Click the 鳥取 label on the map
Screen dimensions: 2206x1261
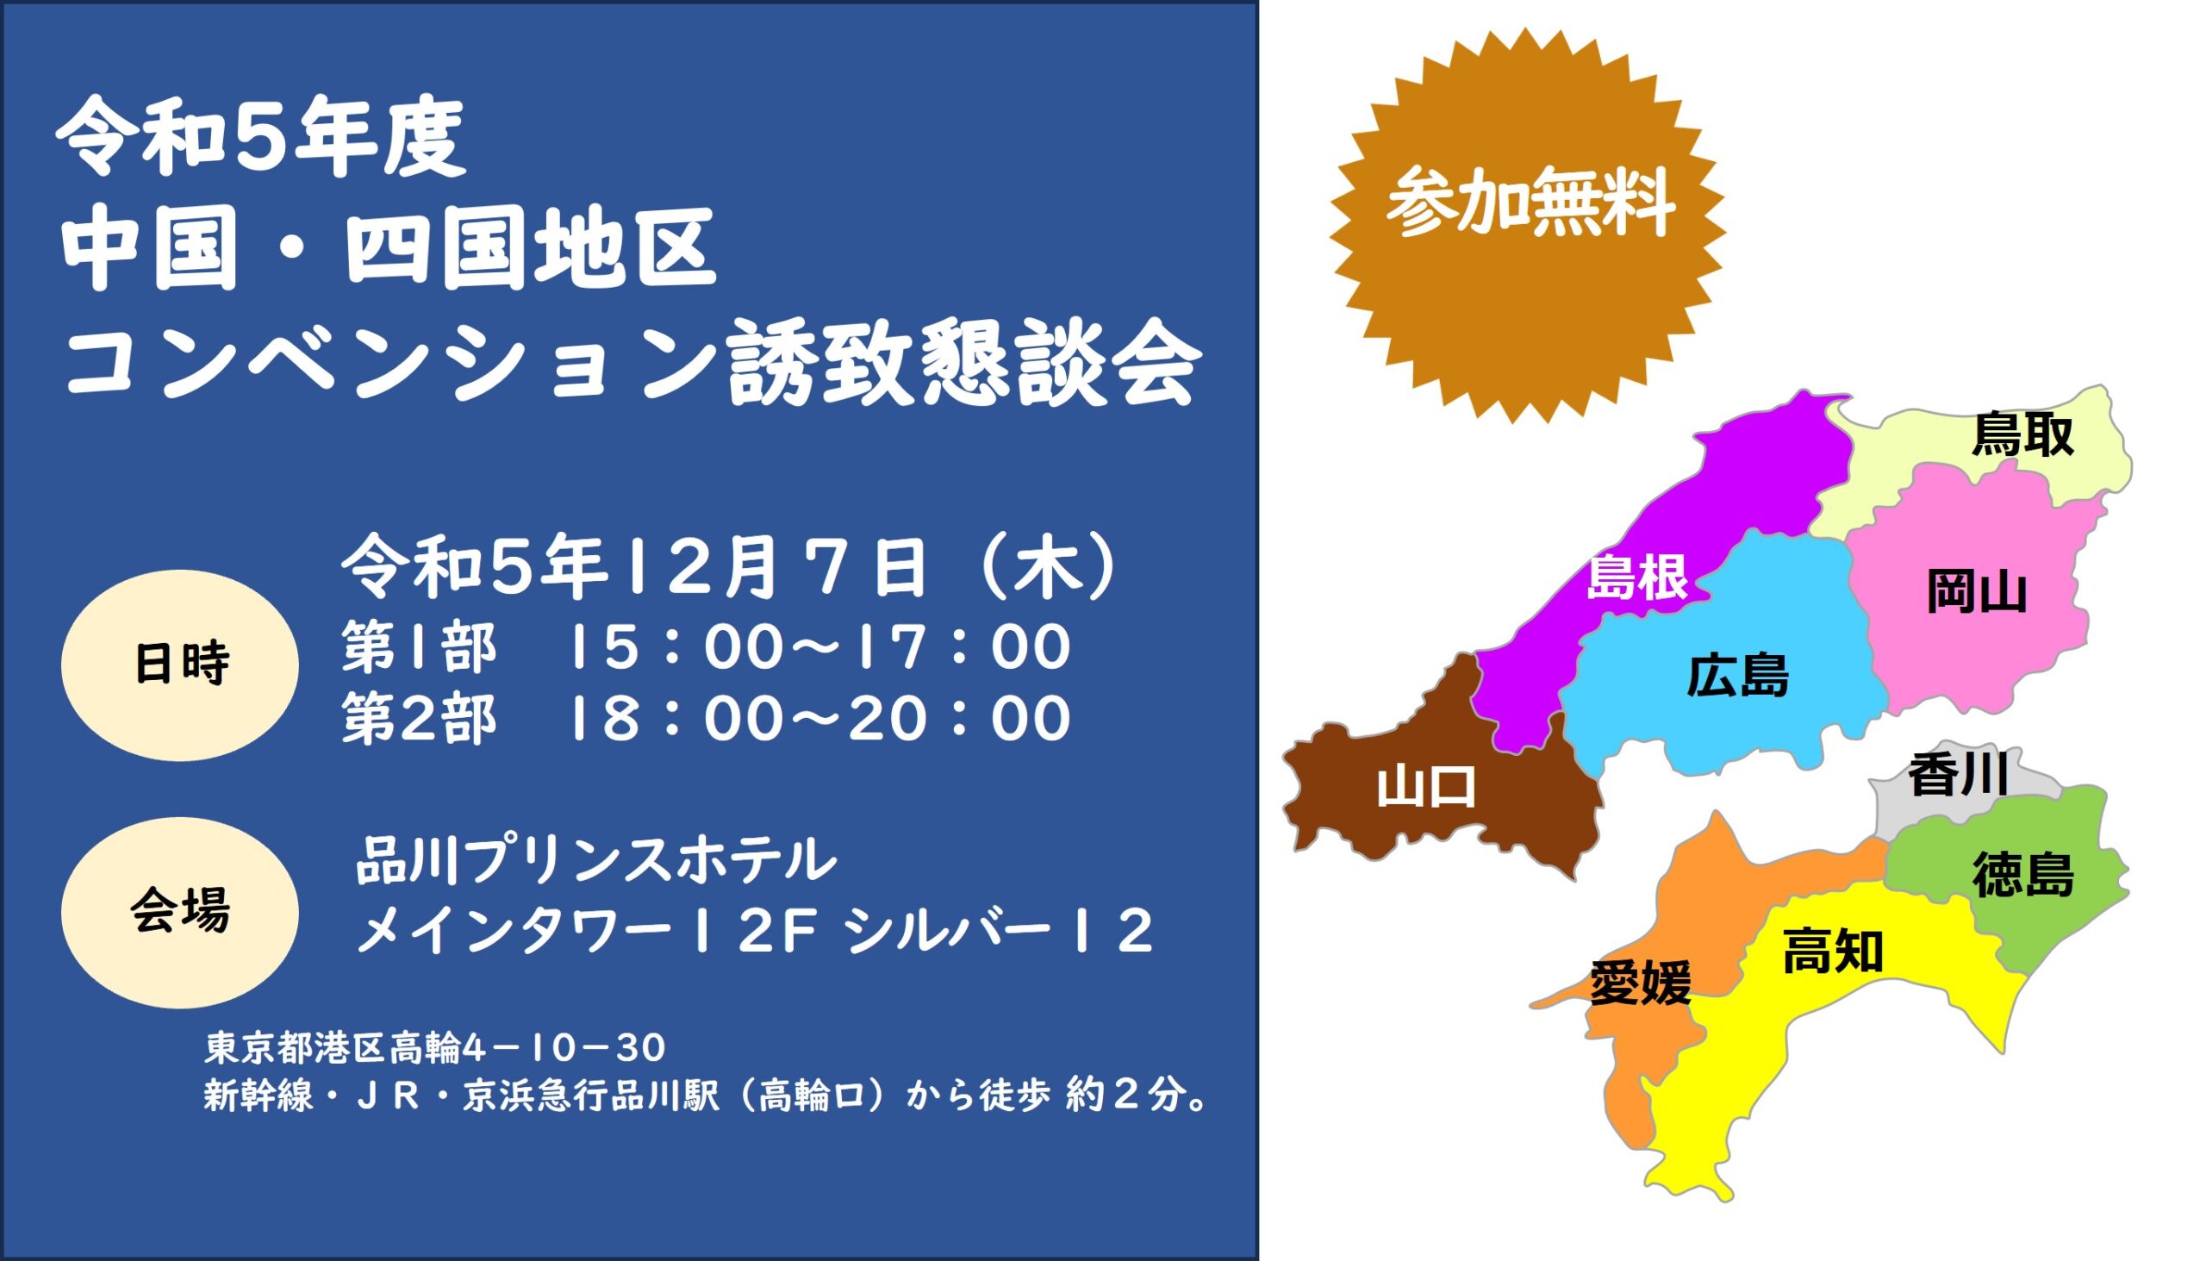point(2022,434)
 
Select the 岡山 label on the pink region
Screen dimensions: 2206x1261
point(1977,593)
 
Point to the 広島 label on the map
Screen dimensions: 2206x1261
point(1737,676)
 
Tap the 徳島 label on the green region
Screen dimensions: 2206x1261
point(2023,874)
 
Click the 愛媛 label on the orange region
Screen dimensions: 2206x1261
point(1641,983)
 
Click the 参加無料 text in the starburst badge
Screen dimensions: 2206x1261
point(1529,205)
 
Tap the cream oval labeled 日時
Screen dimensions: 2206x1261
point(180,665)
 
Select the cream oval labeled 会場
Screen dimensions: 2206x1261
point(180,912)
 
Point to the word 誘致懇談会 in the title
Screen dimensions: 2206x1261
point(963,367)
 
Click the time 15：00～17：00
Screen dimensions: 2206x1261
point(817,648)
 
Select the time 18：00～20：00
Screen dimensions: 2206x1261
point(817,718)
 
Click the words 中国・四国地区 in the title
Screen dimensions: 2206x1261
point(387,250)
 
